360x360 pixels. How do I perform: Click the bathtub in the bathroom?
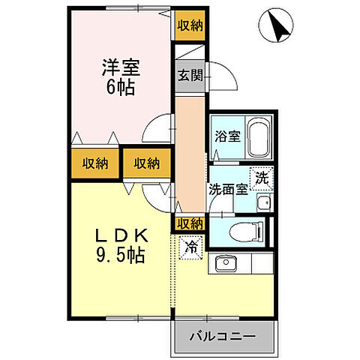[259, 137]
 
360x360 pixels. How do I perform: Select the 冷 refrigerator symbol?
[191, 245]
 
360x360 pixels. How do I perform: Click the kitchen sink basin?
[225, 264]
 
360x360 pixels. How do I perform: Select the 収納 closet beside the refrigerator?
[190, 223]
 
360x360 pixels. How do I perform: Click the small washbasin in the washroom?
[263, 202]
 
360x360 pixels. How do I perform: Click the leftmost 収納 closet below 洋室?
[95, 163]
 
